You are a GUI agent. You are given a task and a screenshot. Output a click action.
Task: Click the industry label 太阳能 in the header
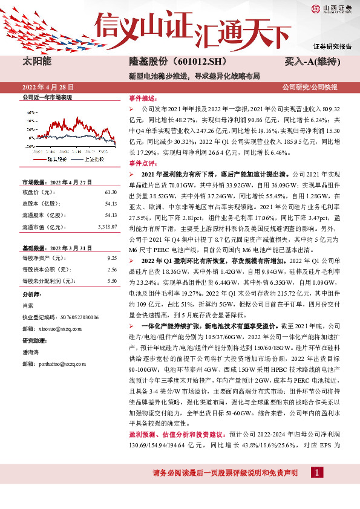tap(36, 62)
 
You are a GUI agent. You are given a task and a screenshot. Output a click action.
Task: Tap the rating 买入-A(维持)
tap(311, 62)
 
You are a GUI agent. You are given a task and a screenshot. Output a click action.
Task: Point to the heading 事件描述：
tap(142, 97)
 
